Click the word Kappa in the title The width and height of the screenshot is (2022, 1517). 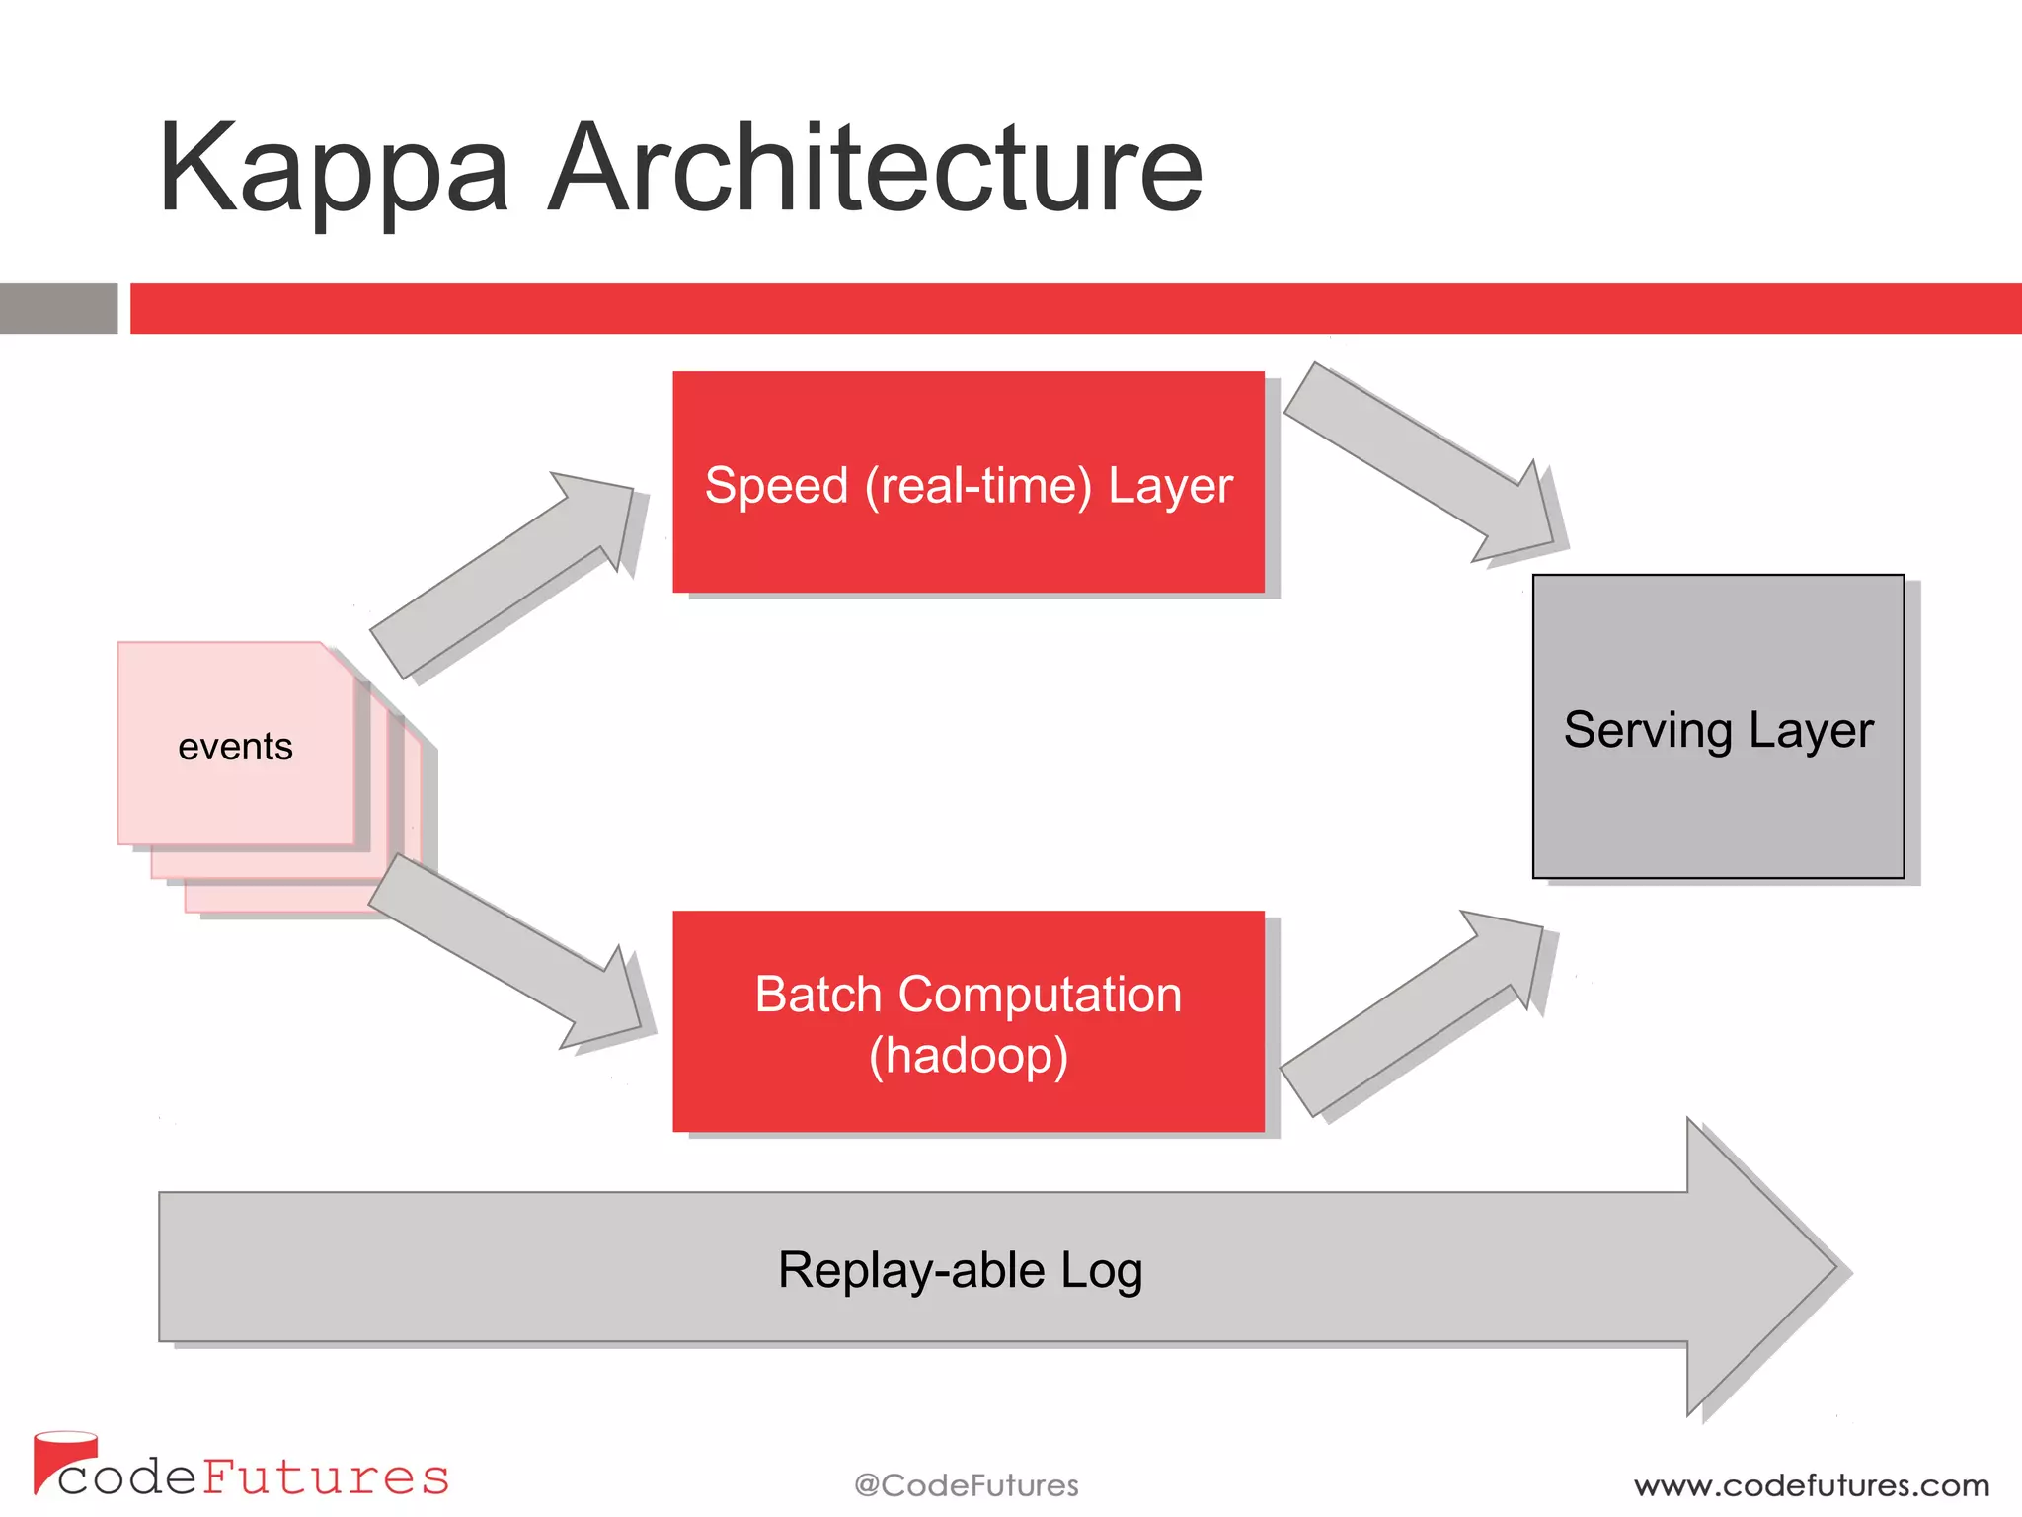[334, 170]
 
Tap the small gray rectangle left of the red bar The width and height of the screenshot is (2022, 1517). [58, 308]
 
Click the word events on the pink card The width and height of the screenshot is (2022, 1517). [235, 747]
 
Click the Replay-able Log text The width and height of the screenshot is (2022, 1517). [960, 1270]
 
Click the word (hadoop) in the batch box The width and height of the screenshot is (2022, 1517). [968, 1055]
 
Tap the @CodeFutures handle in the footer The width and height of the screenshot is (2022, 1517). [966, 1485]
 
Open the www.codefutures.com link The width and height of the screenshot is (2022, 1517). [1811, 1485]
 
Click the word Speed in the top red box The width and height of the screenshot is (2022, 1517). [776, 486]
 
